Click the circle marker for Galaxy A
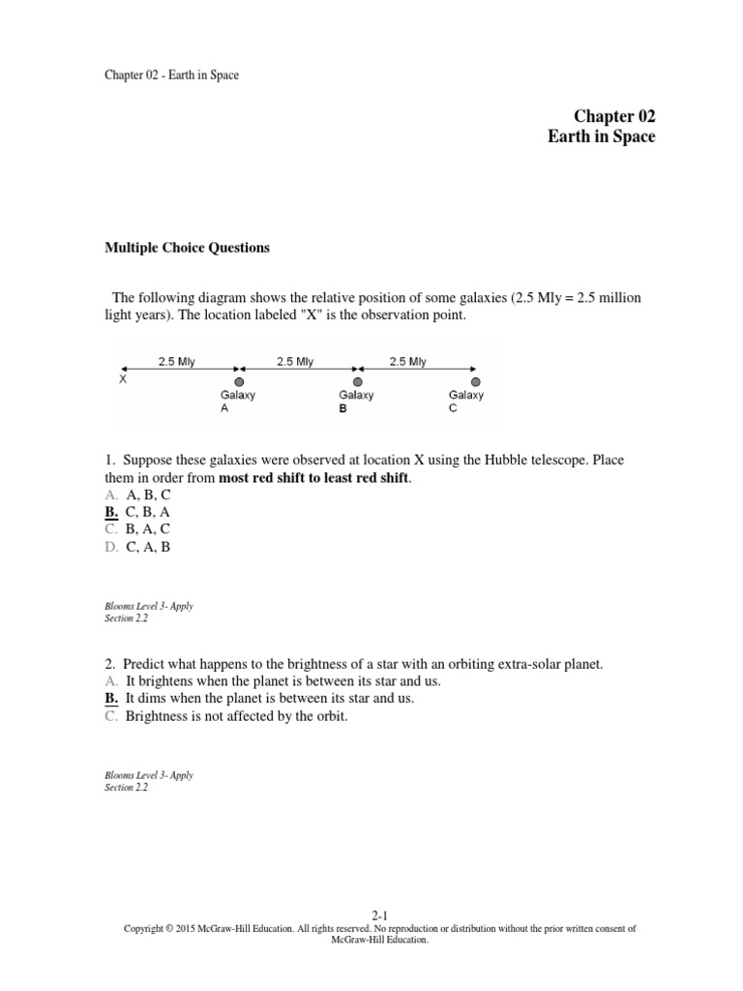pos(239,382)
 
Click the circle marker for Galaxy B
pos(357,382)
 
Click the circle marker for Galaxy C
pos(474,382)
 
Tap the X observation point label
pos(123,379)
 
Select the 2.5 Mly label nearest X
pos(177,362)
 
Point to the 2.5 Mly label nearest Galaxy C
pos(407,362)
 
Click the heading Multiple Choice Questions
pos(187,248)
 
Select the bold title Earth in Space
pos(601,136)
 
